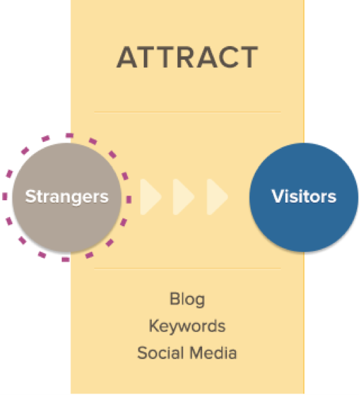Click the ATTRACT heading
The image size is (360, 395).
[x=187, y=57]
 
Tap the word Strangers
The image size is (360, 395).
[x=67, y=197]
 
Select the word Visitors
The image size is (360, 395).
[x=304, y=196]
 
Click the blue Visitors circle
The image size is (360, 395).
[x=304, y=197]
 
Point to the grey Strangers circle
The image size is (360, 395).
[x=67, y=197]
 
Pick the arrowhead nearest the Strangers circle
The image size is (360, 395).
[x=151, y=197]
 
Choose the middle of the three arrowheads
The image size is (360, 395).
[x=184, y=197]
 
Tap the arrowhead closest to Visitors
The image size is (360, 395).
[x=218, y=197]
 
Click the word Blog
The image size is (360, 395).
[x=187, y=299]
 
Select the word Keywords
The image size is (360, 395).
[x=187, y=326]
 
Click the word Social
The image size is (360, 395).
[x=160, y=353]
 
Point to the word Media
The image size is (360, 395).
[x=214, y=353]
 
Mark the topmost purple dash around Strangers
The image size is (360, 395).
[x=69, y=136]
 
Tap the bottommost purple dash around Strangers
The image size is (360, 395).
[x=65, y=259]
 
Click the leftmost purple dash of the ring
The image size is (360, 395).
[x=5, y=196]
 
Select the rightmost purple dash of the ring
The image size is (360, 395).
[x=129, y=200]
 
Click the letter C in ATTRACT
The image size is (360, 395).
[x=224, y=57]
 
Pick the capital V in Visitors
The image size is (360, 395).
[x=279, y=196]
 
